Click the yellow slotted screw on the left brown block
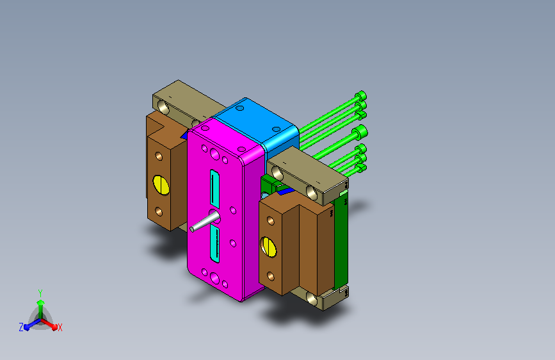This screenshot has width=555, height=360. (161, 184)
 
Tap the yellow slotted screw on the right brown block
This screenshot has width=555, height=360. (269, 247)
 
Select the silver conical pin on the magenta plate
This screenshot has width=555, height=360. (205, 222)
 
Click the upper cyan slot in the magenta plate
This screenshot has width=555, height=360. (214, 189)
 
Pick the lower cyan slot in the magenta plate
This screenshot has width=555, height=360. (215, 245)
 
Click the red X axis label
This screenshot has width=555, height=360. (60, 328)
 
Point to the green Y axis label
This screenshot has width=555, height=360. (40, 293)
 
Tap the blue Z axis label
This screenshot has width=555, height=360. (21, 327)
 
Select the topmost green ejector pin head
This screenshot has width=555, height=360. (361, 95)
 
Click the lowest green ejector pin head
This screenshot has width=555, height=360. (361, 168)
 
